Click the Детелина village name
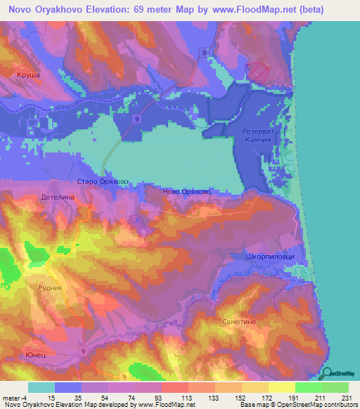58,198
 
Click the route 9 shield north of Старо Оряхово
136,120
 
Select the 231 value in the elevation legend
346,398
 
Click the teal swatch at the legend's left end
41,387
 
